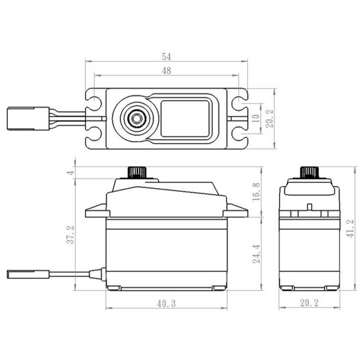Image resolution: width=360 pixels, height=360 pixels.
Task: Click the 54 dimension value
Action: tap(166, 57)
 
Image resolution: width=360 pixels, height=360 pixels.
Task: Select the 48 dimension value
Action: tap(166, 71)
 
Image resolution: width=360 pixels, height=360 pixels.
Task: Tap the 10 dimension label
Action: tap(256, 118)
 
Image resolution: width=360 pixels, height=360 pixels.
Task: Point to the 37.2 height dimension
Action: tap(71, 234)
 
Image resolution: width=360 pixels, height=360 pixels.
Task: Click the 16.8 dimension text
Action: tap(256, 192)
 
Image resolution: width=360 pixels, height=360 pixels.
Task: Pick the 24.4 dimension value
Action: tap(256, 254)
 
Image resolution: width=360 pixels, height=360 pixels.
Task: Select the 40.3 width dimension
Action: tap(166, 303)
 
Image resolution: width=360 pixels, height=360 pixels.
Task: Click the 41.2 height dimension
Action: tap(350, 229)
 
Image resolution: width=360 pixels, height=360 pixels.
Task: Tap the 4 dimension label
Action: tap(71, 172)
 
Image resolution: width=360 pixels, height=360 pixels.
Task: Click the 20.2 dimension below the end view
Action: tap(309, 303)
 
